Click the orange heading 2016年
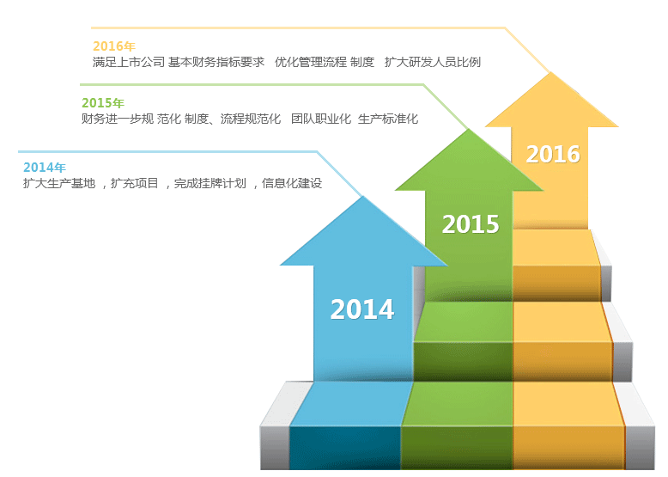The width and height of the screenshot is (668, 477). coord(113,46)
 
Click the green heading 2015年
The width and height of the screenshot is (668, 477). coord(103,103)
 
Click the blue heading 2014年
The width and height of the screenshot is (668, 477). coord(45,167)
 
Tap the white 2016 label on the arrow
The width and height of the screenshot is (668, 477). coord(553,154)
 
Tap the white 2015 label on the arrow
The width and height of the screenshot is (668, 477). coord(471,223)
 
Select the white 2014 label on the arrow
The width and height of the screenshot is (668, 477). coord(362,309)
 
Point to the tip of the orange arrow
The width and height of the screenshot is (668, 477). coord(551,72)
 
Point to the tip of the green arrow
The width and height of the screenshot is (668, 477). coord(469,129)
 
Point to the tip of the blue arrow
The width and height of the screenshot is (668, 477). coord(363,197)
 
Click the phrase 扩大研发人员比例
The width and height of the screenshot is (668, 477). coord(433,62)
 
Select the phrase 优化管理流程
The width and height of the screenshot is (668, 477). coord(311,62)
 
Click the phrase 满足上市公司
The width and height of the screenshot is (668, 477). coord(129,62)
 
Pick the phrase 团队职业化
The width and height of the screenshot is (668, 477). coord(321,119)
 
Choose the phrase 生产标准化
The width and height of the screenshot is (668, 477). coord(388,119)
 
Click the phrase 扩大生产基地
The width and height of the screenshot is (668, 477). coord(59,183)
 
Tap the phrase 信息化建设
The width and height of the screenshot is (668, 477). coord(292,183)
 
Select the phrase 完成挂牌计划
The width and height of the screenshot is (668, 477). coord(210,183)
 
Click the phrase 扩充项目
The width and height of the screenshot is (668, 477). coord(135,183)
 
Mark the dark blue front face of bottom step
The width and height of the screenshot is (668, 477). coord(345,448)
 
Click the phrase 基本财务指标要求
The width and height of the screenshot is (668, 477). coord(216,62)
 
